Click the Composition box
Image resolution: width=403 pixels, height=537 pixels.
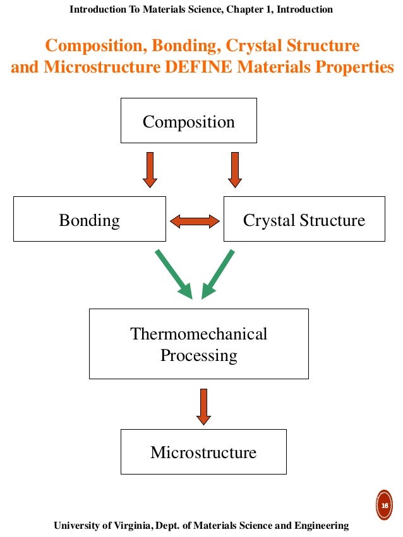click(188, 121)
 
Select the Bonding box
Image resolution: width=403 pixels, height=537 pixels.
click(89, 219)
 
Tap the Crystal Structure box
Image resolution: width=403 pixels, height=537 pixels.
click(304, 219)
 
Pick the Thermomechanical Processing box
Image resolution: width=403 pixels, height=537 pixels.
click(198, 344)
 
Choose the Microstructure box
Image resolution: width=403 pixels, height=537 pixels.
click(203, 452)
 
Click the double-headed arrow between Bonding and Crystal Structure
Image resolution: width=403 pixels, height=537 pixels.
click(195, 220)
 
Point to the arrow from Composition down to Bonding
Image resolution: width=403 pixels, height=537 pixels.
click(150, 169)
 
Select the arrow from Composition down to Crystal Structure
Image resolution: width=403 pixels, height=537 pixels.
click(234, 169)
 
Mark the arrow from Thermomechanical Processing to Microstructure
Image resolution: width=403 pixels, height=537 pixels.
click(203, 406)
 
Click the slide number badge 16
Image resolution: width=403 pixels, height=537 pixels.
click(383, 505)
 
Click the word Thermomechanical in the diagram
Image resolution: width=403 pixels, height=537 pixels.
click(198, 333)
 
